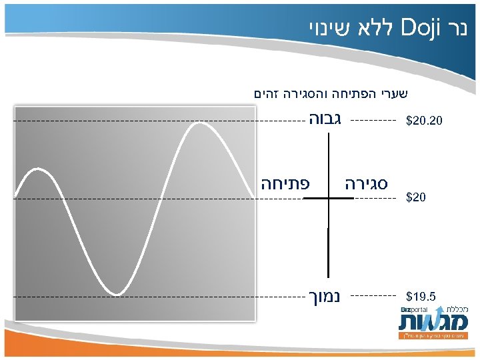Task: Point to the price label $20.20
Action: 424,122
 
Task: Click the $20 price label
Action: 417,198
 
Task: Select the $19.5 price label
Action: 421,295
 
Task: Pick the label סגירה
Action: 367,183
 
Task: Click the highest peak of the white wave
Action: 199,123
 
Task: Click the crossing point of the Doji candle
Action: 328,199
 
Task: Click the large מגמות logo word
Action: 430,323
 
